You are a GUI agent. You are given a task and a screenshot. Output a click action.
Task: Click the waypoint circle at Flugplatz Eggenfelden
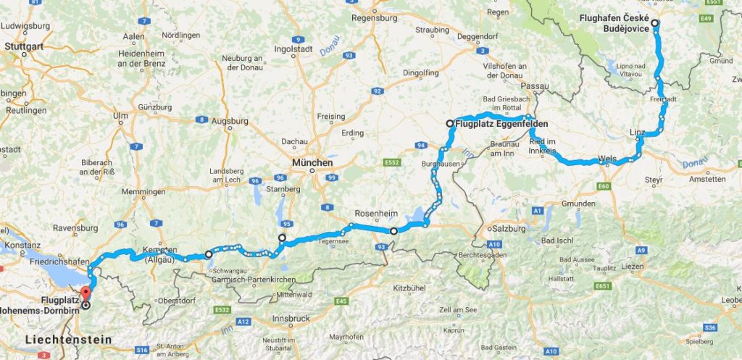[x=450, y=124]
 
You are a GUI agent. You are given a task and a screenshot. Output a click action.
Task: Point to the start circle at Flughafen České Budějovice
[x=655, y=24]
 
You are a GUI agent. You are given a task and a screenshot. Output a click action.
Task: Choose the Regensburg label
[x=375, y=17]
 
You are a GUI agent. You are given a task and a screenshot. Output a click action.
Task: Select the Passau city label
[x=534, y=86]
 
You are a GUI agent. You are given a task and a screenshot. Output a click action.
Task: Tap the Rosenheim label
[x=374, y=214]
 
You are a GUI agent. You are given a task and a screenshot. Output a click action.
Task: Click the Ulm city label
[x=120, y=116]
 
